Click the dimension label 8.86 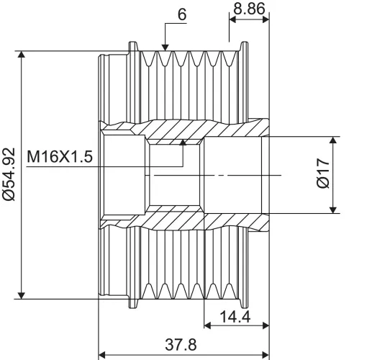(x=249, y=9)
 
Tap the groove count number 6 (x=182, y=14)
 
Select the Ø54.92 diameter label (x=9, y=174)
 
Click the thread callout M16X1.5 (x=60, y=156)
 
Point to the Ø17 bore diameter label (x=323, y=173)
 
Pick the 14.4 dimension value (x=235, y=317)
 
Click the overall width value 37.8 (x=181, y=345)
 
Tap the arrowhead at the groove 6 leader (x=165, y=48)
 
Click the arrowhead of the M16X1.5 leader (x=183, y=142)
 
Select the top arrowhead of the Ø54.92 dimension (x=22, y=54)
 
